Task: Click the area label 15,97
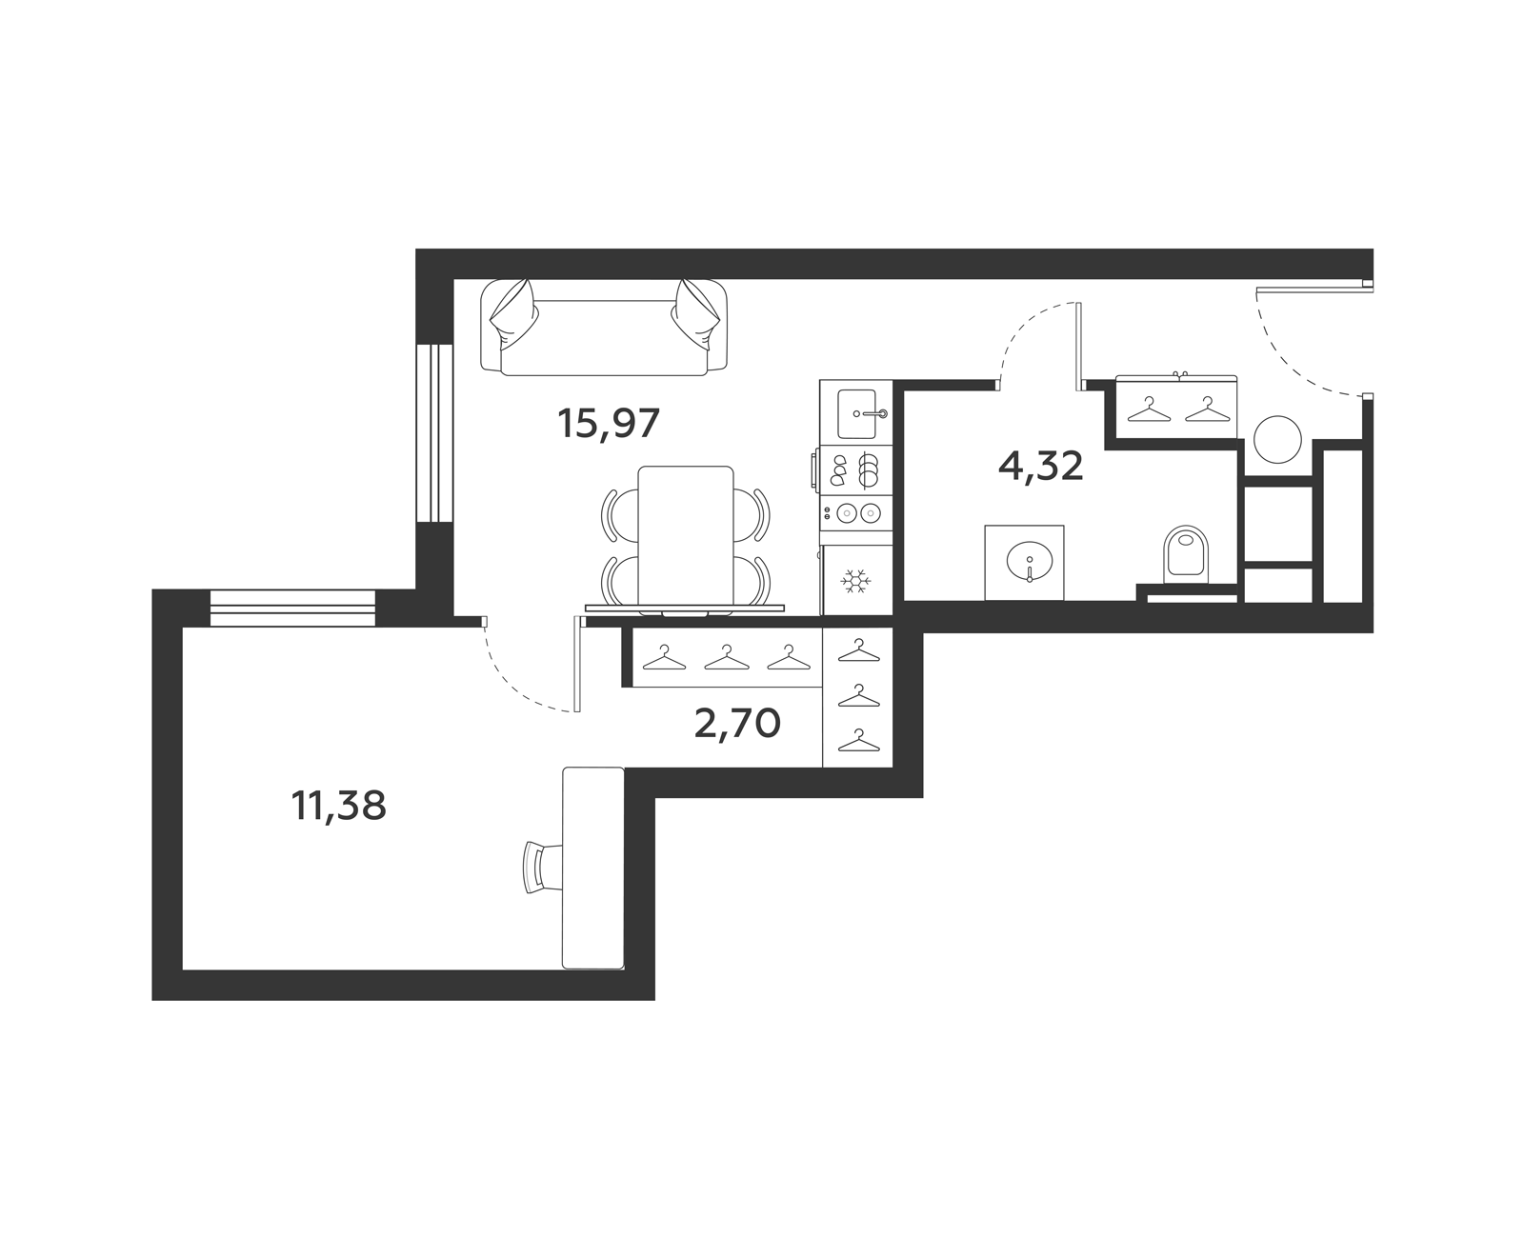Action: click(x=608, y=424)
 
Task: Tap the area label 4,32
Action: click(x=1040, y=467)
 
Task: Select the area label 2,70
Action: click(x=737, y=724)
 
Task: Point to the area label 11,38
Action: click(x=338, y=806)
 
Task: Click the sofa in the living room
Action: click(x=604, y=328)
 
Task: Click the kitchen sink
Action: click(x=856, y=413)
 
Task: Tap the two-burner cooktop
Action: click(x=856, y=512)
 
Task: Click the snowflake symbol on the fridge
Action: click(x=855, y=580)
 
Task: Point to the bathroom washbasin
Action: click(x=1030, y=560)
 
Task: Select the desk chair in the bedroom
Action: click(x=543, y=867)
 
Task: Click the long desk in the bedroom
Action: click(x=593, y=868)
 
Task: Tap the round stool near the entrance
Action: click(x=1277, y=439)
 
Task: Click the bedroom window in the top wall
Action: click(x=291, y=608)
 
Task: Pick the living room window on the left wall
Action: click(x=435, y=433)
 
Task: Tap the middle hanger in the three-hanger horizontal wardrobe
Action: click(x=727, y=657)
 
